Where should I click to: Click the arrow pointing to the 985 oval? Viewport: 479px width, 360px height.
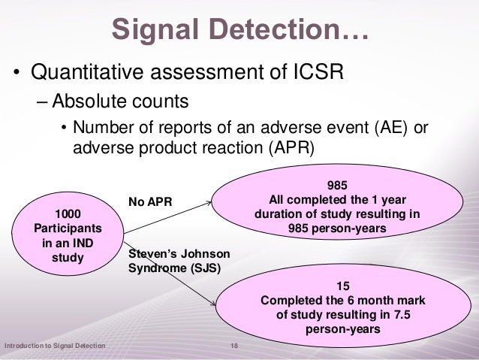[x=197, y=201]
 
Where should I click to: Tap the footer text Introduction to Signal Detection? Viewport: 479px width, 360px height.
[x=54, y=345]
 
